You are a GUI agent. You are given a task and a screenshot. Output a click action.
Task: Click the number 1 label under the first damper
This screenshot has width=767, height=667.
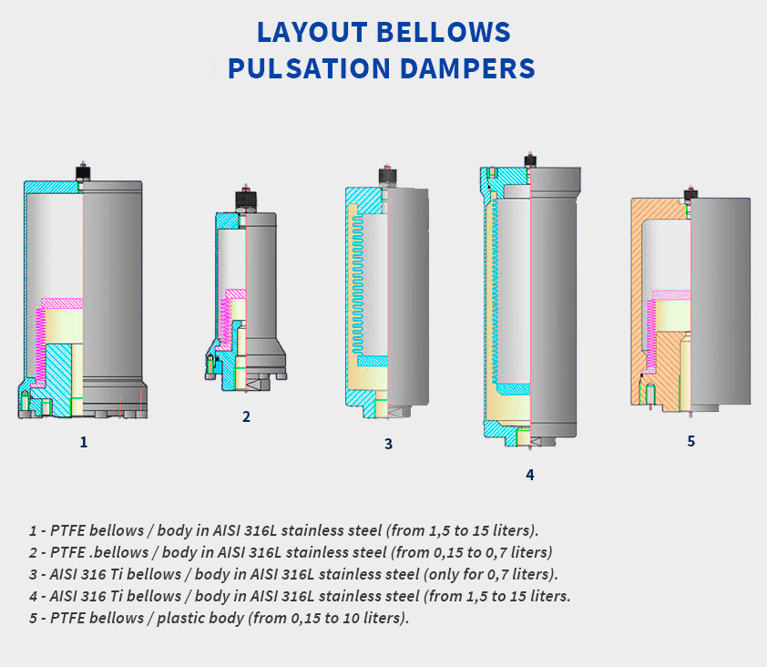pos(84,442)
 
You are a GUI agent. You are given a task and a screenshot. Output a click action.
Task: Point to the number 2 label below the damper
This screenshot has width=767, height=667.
pos(246,416)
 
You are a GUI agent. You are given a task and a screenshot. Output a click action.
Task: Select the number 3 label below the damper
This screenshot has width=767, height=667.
pos(388,444)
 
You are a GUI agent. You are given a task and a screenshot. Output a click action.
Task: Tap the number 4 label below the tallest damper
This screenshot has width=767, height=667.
pos(529,474)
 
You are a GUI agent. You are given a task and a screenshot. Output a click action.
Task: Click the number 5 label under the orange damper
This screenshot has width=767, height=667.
pos(690,441)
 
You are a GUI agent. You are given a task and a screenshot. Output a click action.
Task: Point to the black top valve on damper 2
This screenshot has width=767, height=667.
pos(244,197)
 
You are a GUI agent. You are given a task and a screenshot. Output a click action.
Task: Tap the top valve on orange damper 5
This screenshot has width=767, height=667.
pos(690,193)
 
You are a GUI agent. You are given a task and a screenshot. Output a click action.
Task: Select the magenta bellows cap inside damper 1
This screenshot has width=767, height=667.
pos(62,303)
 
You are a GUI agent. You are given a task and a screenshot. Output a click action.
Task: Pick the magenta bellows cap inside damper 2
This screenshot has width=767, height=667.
pos(234,293)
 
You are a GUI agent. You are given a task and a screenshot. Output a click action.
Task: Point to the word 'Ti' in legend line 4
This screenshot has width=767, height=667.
pos(97,597)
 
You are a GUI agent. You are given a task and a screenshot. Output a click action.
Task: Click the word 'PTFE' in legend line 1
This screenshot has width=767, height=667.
pos(66,529)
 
